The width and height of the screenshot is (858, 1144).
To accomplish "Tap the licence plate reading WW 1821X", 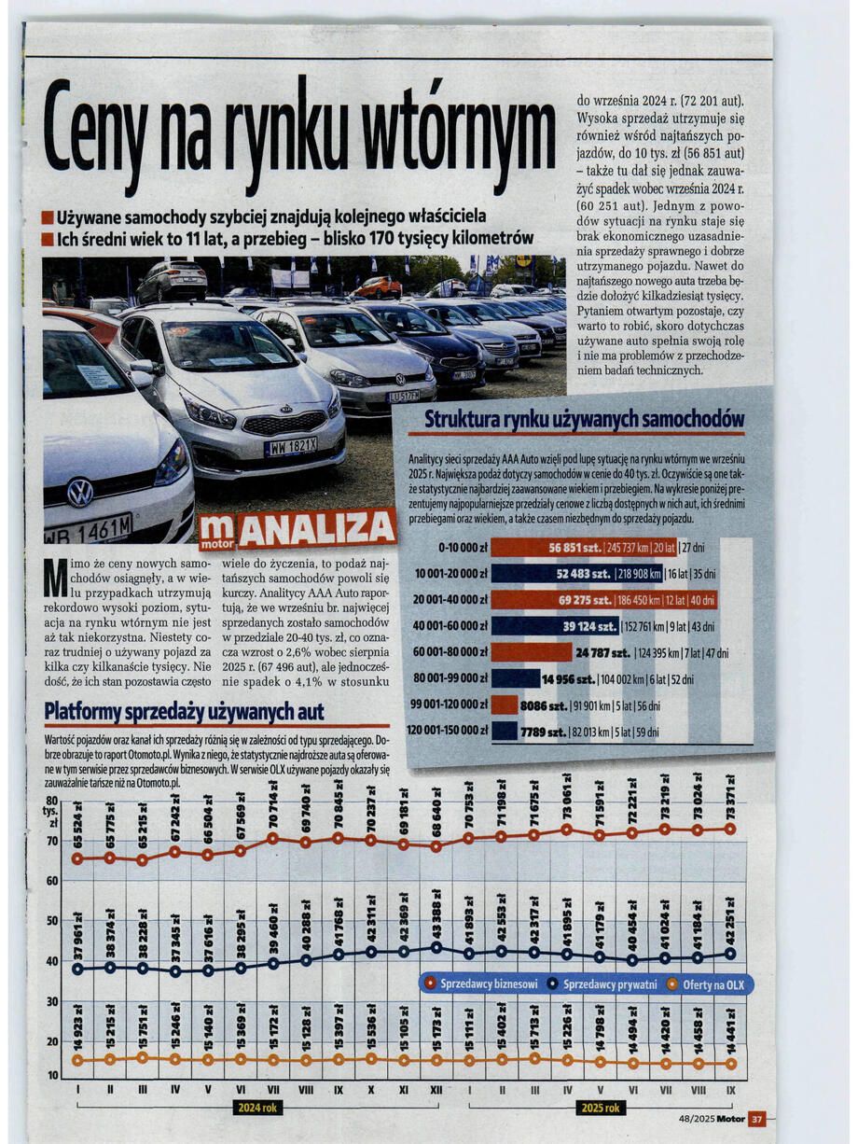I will coord(291,447).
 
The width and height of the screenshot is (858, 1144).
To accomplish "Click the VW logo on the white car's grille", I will coord(80,493).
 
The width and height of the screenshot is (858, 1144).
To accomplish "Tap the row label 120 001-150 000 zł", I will coord(448,732).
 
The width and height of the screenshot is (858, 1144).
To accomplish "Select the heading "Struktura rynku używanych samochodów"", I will coord(585,419).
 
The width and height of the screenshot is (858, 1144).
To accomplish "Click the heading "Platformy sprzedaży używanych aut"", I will coord(185,712).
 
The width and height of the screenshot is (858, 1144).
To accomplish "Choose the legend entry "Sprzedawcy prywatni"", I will coord(610,984).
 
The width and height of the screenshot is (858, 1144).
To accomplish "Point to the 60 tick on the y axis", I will coord(52,880).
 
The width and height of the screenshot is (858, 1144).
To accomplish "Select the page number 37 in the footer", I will coord(756,1119).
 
